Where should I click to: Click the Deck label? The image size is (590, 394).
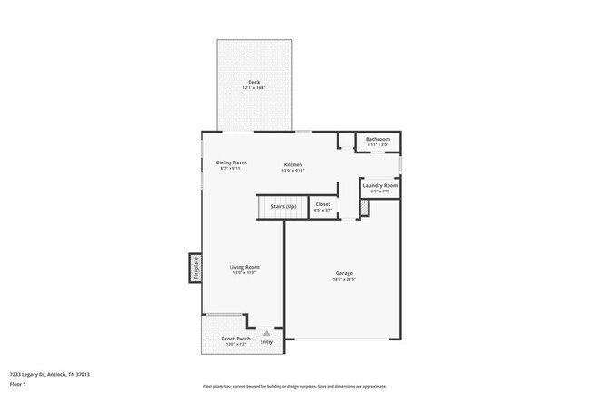click(x=254, y=83)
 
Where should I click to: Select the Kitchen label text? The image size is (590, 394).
click(x=292, y=164)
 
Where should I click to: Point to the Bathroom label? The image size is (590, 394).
click(x=378, y=139)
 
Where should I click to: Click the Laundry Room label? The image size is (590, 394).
click(x=379, y=185)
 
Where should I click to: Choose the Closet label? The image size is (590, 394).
click(x=323, y=204)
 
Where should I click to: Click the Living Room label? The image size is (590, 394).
click(x=244, y=267)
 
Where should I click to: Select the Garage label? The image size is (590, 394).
click(x=344, y=272)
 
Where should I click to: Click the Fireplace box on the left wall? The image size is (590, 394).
click(x=194, y=267)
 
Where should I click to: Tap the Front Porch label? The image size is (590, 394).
click(x=236, y=339)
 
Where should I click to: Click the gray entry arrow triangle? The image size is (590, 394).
click(x=267, y=333)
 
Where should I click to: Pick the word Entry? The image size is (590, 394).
click(x=267, y=342)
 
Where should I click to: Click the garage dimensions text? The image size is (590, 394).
click(x=344, y=279)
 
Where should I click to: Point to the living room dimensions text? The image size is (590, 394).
click(x=244, y=273)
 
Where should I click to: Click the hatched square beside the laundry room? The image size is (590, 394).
click(x=365, y=209)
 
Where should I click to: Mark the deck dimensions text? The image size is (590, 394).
click(x=254, y=88)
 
